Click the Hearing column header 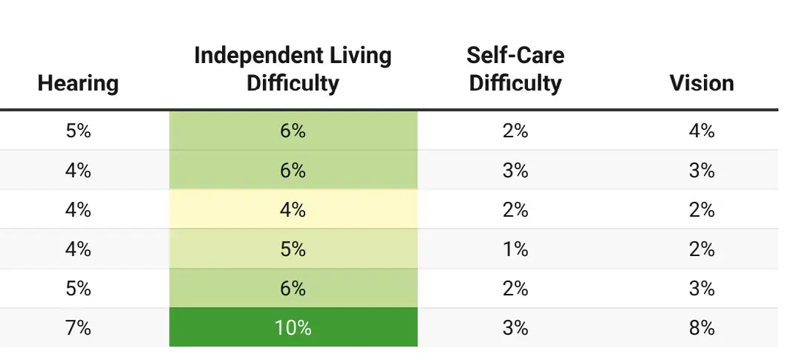click(x=78, y=82)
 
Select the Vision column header click(x=702, y=82)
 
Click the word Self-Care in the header click(x=515, y=56)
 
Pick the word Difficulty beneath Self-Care click(x=515, y=82)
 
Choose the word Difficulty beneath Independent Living click(x=293, y=82)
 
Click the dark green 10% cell click(x=293, y=327)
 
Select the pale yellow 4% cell click(x=293, y=210)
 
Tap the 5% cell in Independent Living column click(x=293, y=249)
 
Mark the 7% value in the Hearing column click(x=78, y=327)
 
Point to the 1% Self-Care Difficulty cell click(x=515, y=249)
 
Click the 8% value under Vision click(x=702, y=327)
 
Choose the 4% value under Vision click(x=702, y=131)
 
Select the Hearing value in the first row click(x=78, y=131)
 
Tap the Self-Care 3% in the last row click(x=515, y=327)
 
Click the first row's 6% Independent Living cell click(x=293, y=131)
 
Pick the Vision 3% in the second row click(x=702, y=171)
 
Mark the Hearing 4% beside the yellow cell click(x=78, y=210)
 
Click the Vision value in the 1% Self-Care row click(x=702, y=249)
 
